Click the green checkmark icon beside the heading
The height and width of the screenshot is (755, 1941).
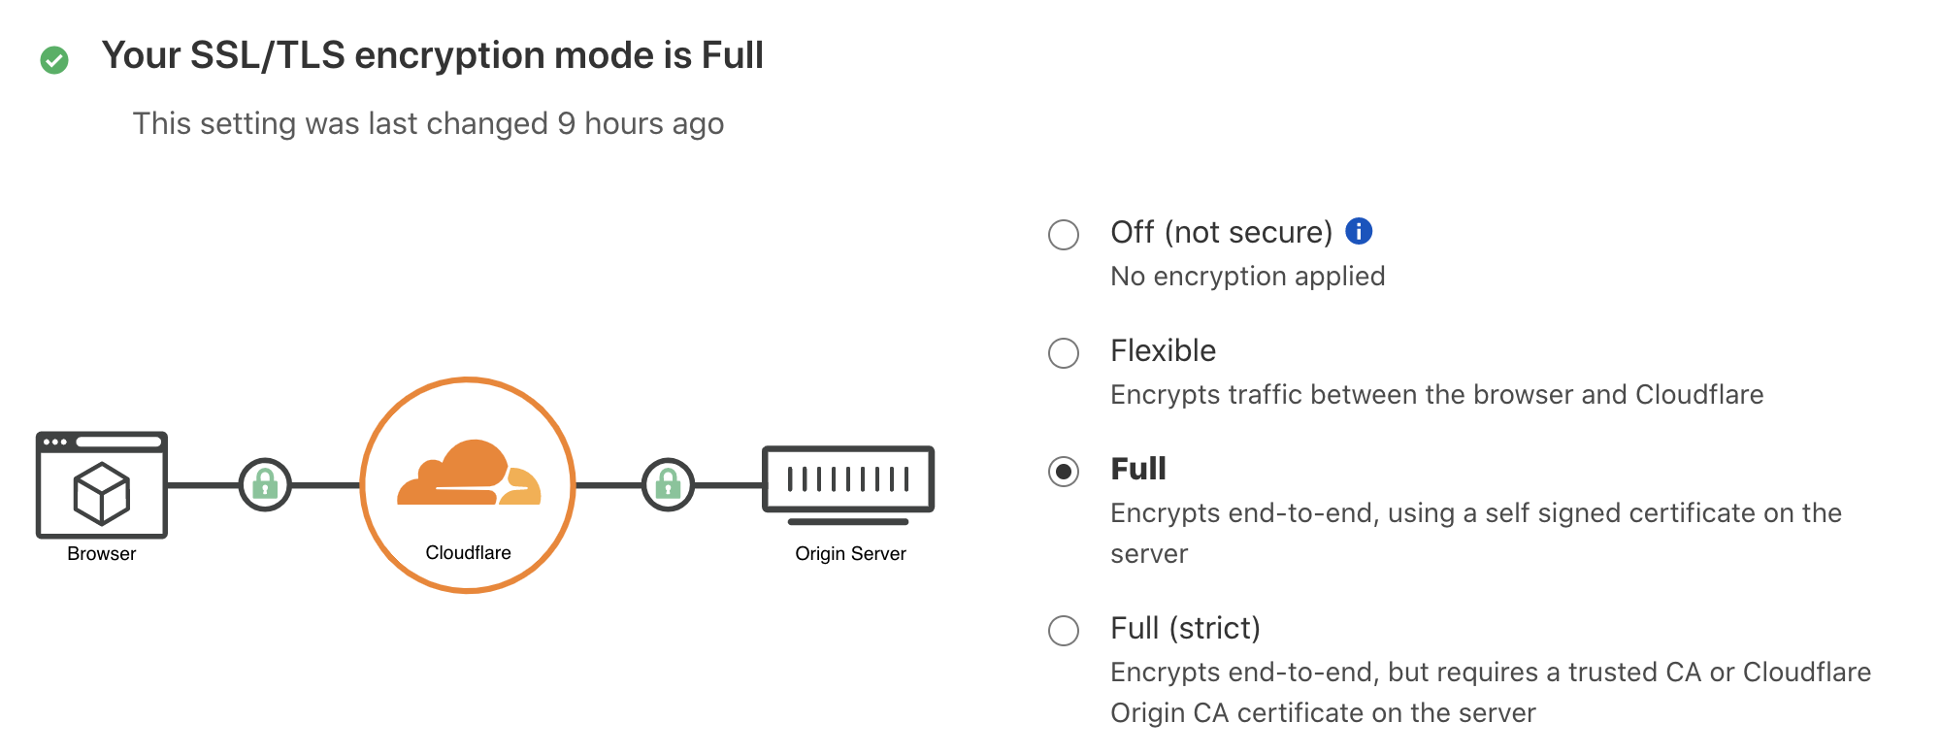click(54, 60)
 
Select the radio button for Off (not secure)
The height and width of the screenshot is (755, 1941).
click(1064, 234)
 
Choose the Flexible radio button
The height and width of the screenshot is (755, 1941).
click(1064, 352)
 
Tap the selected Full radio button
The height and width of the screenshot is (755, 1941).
click(1064, 472)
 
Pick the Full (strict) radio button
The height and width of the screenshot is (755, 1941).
click(1064, 630)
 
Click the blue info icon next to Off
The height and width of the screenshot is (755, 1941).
click(1359, 231)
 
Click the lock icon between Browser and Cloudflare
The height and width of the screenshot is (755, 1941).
click(265, 484)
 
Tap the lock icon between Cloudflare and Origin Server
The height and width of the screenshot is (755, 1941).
click(668, 484)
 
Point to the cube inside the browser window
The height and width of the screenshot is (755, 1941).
click(102, 492)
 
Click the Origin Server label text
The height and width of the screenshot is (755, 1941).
click(850, 553)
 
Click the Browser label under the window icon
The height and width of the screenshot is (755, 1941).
click(102, 553)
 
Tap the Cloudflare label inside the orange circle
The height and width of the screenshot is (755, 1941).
click(468, 552)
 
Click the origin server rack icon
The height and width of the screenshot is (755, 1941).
click(848, 479)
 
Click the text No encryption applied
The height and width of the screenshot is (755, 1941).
click(1247, 277)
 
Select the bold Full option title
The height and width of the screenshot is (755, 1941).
click(1137, 469)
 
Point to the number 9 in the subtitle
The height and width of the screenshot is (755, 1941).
click(567, 124)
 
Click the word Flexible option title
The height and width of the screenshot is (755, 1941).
click(1163, 350)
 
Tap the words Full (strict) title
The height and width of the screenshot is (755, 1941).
click(1185, 628)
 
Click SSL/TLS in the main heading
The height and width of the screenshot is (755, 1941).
click(268, 55)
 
